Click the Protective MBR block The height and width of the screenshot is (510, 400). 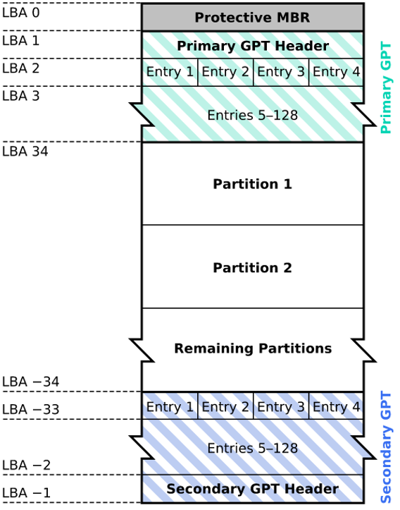pos(252,18)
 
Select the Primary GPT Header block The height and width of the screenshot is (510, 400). pos(252,46)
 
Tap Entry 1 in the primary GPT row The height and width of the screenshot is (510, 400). pos(169,72)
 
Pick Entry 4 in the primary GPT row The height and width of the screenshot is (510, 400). pos(336,72)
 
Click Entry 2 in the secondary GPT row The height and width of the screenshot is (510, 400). pos(225,407)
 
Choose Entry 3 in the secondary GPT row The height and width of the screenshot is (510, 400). pos(280,407)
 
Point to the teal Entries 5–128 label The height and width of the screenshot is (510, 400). pos(252,114)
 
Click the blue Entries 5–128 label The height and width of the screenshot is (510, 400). pos(252,448)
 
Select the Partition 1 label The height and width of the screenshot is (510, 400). pos(252,184)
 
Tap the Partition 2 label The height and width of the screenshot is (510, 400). pos(252,268)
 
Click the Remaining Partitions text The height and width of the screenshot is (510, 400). pos(252,348)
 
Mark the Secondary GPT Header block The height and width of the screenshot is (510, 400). pos(252,489)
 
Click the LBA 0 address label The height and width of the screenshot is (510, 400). pos(21,13)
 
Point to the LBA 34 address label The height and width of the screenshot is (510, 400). pos(25,151)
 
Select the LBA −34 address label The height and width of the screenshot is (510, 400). pos(30,382)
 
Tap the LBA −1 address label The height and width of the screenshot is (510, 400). pos(27,492)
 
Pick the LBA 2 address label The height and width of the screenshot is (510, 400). pos(21,68)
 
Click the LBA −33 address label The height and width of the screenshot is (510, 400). pos(30,410)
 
